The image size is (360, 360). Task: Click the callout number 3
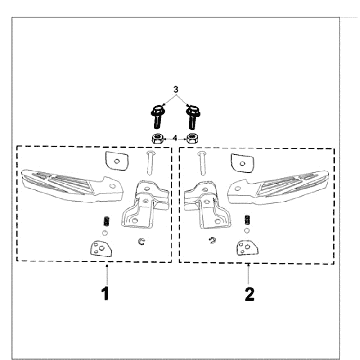coord(176,89)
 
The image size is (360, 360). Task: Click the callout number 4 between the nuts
coord(174,138)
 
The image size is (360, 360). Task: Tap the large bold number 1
coord(105,294)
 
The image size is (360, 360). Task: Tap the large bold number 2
coord(249,294)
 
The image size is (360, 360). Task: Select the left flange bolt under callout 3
coord(157,116)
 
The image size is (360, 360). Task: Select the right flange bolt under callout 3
coord(192,117)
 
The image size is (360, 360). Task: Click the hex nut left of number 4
coord(157,138)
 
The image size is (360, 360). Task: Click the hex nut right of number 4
coord(191,138)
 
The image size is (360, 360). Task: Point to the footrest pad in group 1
coord(72,185)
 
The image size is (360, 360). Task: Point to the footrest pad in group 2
coord(278,187)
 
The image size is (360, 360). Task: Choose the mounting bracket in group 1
coord(145,204)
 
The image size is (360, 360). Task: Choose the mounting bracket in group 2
coord(207,205)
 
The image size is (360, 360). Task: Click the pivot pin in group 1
coord(150,162)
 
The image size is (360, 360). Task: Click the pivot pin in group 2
coord(202,163)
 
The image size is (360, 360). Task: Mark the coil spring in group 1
coord(106,220)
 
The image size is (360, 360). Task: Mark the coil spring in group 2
coord(247,220)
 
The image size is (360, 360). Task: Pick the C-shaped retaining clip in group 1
coord(142,242)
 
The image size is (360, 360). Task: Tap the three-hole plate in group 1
coord(101,249)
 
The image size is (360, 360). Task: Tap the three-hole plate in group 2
coord(247,248)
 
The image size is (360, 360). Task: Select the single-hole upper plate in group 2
coord(243,163)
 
